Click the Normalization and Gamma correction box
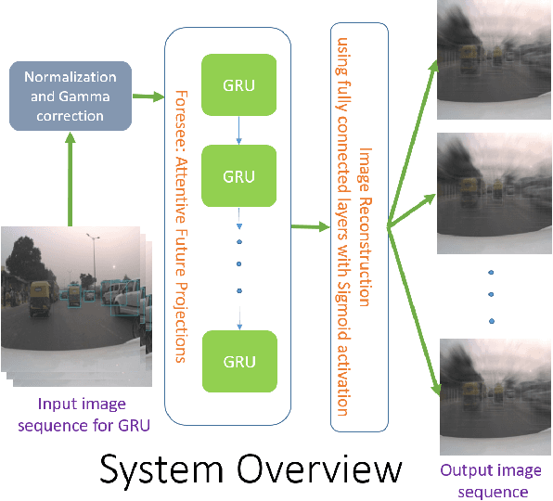click(x=70, y=95)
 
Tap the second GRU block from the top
click(x=240, y=175)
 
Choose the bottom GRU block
click(x=240, y=360)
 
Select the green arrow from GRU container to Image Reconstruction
click(x=306, y=225)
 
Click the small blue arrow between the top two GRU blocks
click(x=240, y=131)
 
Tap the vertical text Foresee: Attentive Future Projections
click(x=182, y=225)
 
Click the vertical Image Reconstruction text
click(x=358, y=225)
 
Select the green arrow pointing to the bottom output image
click(x=414, y=306)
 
